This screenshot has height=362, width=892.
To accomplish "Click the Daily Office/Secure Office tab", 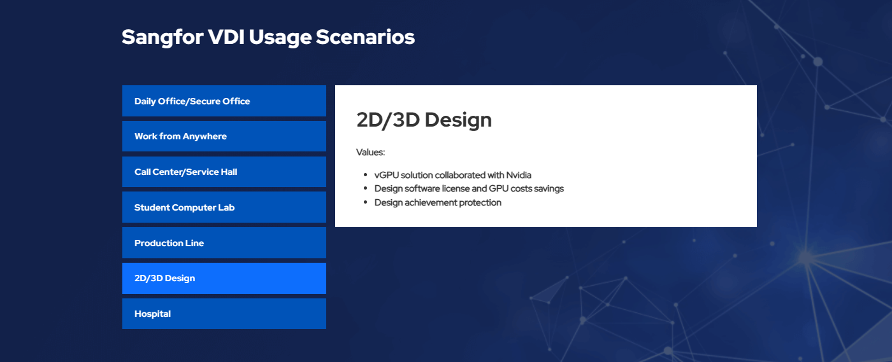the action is coord(224,101).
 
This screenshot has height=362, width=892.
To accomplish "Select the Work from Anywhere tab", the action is coord(224,136).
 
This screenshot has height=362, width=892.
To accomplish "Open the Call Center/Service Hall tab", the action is coord(224,171).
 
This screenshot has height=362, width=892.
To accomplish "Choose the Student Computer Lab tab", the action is coord(224,207).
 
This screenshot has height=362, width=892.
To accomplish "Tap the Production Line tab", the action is coord(224,242).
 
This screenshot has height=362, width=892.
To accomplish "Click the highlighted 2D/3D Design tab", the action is coord(224,278).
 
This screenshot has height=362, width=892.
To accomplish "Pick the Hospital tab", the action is coord(224,314).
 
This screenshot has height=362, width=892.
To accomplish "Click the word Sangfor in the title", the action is coord(162,38).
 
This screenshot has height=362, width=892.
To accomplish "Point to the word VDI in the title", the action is coord(226,37).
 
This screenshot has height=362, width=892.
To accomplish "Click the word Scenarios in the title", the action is coord(365,37).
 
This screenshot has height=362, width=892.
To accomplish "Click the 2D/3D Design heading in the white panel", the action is coord(424,120).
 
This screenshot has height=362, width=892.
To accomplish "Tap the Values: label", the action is coord(370,152).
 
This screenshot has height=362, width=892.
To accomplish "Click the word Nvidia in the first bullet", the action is coord(519,175).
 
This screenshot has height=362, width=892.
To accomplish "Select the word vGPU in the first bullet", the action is coord(387,175).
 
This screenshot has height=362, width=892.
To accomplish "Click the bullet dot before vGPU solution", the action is coord(365,174).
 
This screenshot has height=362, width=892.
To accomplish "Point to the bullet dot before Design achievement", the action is coord(365,202).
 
